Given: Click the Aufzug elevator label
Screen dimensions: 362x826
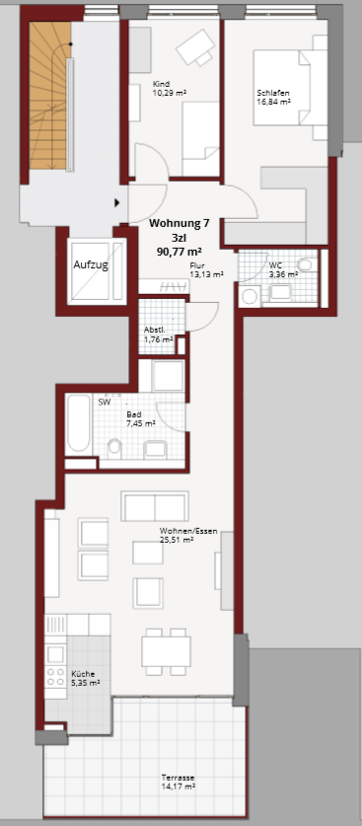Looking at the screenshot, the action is click(x=91, y=265).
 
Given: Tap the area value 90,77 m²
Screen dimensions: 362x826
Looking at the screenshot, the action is click(x=180, y=252).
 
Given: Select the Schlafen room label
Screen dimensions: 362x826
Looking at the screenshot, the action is click(x=273, y=93).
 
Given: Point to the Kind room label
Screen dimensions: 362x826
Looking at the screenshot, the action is click(x=160, y=84).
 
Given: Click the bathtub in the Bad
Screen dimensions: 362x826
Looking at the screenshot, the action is click(x=79, y=423).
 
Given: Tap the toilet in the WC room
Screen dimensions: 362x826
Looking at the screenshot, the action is click(x=304, y=264).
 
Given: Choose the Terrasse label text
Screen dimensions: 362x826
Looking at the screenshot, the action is click(x=179, y=778).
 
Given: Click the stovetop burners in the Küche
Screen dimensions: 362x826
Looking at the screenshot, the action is click(x=55, y=677).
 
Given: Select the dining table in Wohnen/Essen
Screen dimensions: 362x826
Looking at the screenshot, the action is click(x=166, y=651).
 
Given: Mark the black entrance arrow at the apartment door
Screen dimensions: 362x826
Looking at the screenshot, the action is click(x=117, y=202).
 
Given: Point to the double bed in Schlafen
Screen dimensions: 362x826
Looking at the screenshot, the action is click(x=290, y=88).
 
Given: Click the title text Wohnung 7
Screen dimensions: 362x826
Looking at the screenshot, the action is click(x=180, y=223).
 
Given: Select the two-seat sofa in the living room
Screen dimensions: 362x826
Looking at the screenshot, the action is click(x=155, y=506).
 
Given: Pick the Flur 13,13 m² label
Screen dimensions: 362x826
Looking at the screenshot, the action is click(x=207, y=269).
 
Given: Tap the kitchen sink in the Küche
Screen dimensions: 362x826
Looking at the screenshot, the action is click(x=55, y=653).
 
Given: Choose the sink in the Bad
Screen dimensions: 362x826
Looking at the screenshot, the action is click(x=155, y=449).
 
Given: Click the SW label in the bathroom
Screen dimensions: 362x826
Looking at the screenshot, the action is click(x=105, y=402).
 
